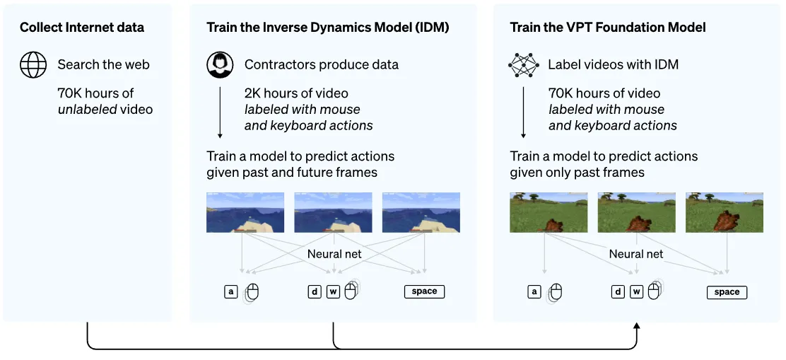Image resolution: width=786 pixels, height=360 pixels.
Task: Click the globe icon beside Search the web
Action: click(x=33, y=65)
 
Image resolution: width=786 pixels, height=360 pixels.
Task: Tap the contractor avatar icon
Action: click(x=220, y=65)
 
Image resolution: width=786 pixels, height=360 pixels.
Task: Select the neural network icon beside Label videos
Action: click(x=523, y=65)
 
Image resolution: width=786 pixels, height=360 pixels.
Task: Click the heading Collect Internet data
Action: click(x=82, y=28)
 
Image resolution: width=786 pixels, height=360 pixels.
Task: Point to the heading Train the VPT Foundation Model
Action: click(x=607, y=28)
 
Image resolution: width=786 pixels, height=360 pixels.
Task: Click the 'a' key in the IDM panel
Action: click(x=230, y=291)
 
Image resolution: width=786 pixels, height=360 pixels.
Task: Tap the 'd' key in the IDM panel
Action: click(x=315, y=291)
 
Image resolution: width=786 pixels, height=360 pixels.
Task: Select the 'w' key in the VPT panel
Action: click(x=636, y=291)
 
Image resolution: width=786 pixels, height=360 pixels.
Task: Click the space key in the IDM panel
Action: click(x=424, y=291)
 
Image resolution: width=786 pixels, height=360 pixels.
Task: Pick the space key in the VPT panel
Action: click(x=727, y=292)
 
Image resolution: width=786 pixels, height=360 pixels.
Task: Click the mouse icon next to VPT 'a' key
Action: click(x=556, y=292)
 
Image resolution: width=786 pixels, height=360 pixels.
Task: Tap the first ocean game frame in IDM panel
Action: click(x=245, y=212)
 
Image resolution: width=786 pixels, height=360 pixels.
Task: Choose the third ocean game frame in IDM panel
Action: click(x=421, y=212)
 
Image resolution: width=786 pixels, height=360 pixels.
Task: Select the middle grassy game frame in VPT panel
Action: click(x=636, y=212)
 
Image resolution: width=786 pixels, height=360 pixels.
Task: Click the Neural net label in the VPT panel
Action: click(x=636, y=254)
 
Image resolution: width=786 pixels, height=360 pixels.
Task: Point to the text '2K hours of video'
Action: click(x=296, y=93)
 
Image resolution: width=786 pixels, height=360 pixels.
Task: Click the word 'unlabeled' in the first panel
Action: click(x=86, y=110)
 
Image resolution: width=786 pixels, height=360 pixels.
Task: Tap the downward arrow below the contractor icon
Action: click(x=220, y=113)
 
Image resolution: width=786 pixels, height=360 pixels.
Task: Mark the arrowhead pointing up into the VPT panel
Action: click(x=637, y=326)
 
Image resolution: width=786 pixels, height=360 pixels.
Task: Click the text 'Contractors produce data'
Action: click(x=322, y=65)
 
